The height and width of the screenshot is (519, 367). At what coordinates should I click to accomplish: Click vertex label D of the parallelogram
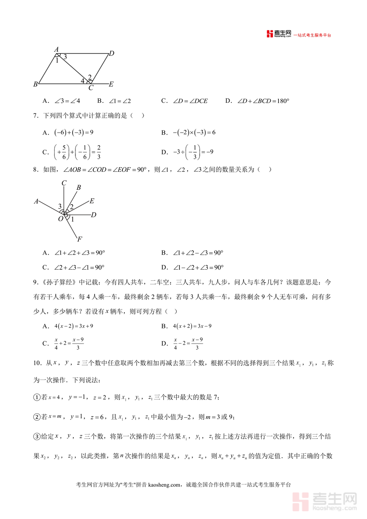point(111,53)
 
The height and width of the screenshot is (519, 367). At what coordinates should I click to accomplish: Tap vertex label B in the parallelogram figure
point(35,84)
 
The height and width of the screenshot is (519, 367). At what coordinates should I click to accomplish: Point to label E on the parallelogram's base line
point(111,84)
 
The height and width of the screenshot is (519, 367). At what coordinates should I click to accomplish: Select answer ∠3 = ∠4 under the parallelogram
point(67,101)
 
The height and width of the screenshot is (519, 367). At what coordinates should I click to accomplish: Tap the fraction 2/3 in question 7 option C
point(99,152)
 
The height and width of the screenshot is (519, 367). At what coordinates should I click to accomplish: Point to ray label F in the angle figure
point(80,239)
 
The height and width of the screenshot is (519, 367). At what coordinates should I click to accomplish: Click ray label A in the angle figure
point(36,201)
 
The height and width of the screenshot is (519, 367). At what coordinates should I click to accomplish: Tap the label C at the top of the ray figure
point(64,183)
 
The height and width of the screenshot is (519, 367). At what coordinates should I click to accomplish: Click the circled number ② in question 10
point(37,417)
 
